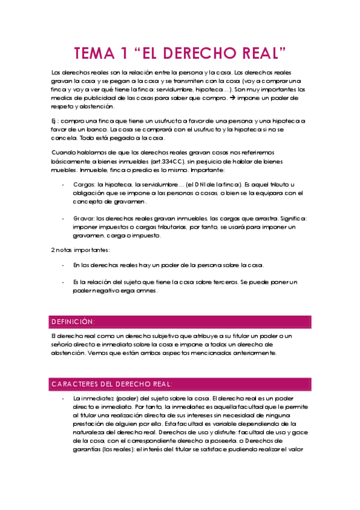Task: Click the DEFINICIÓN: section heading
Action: (73, 322)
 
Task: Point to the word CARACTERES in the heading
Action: (73, 384)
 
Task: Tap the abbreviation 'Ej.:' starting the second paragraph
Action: (56, 121)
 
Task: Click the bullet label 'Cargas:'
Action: (83, 185)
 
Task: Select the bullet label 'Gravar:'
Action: (83, 218)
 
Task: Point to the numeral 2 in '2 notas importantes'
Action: (53, 249)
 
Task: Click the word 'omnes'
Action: (147, 290)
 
